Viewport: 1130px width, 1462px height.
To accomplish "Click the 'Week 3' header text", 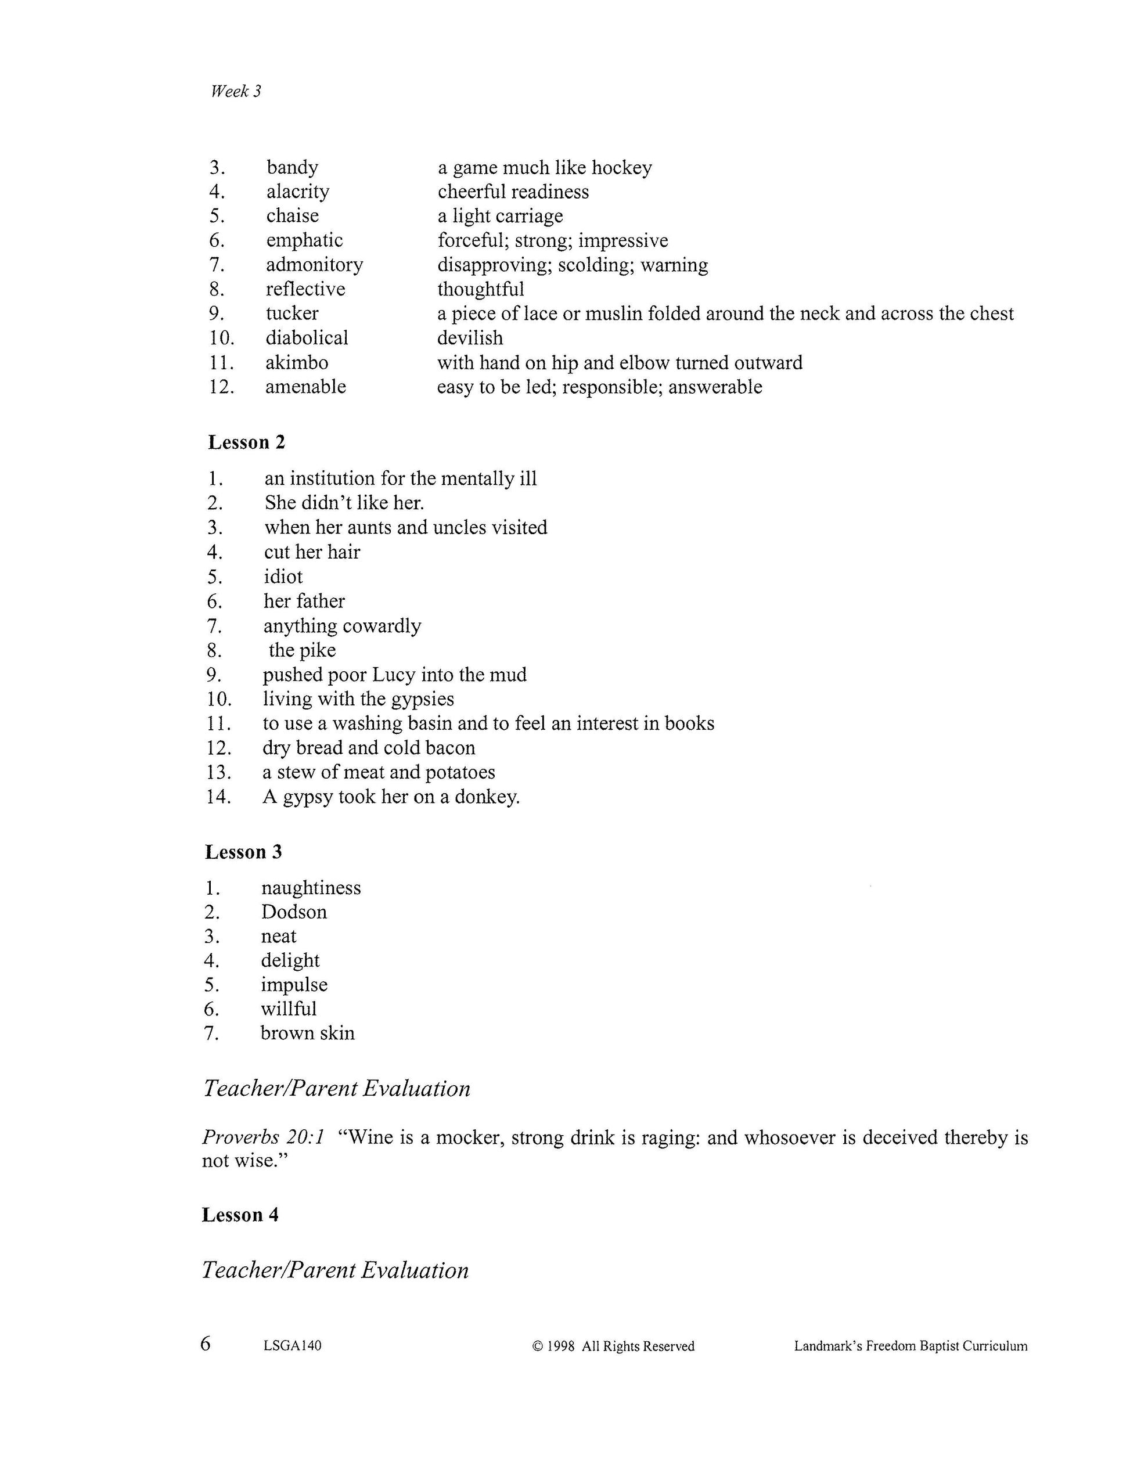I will point(236,91).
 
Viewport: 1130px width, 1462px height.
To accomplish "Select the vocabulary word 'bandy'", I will point(292,167).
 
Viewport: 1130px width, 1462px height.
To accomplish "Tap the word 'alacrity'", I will point(298,192).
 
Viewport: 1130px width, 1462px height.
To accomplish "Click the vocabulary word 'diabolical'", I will point(307,337).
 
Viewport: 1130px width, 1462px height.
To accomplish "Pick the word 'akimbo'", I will point(297,362).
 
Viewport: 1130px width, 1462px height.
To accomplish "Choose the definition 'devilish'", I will point(470,337).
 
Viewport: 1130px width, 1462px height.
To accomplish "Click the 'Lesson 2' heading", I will point(246,442).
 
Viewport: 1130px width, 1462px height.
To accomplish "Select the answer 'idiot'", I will point(283,577).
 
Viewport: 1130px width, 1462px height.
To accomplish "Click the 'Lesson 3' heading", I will point(244,852).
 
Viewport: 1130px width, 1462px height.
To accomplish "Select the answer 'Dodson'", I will point(294,912).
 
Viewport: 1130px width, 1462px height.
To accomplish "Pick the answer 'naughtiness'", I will point(311,888).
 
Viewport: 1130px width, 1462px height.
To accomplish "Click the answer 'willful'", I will point(289,1009).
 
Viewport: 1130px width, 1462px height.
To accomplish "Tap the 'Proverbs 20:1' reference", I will point(263,1137).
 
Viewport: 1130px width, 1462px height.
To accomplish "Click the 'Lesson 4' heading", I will point(240,1215).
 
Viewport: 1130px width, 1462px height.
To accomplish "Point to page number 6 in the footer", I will point(206,1344).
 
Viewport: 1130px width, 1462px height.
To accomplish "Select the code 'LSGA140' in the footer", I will point(293,1345).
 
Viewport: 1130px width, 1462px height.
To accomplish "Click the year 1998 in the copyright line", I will point(561,1346).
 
